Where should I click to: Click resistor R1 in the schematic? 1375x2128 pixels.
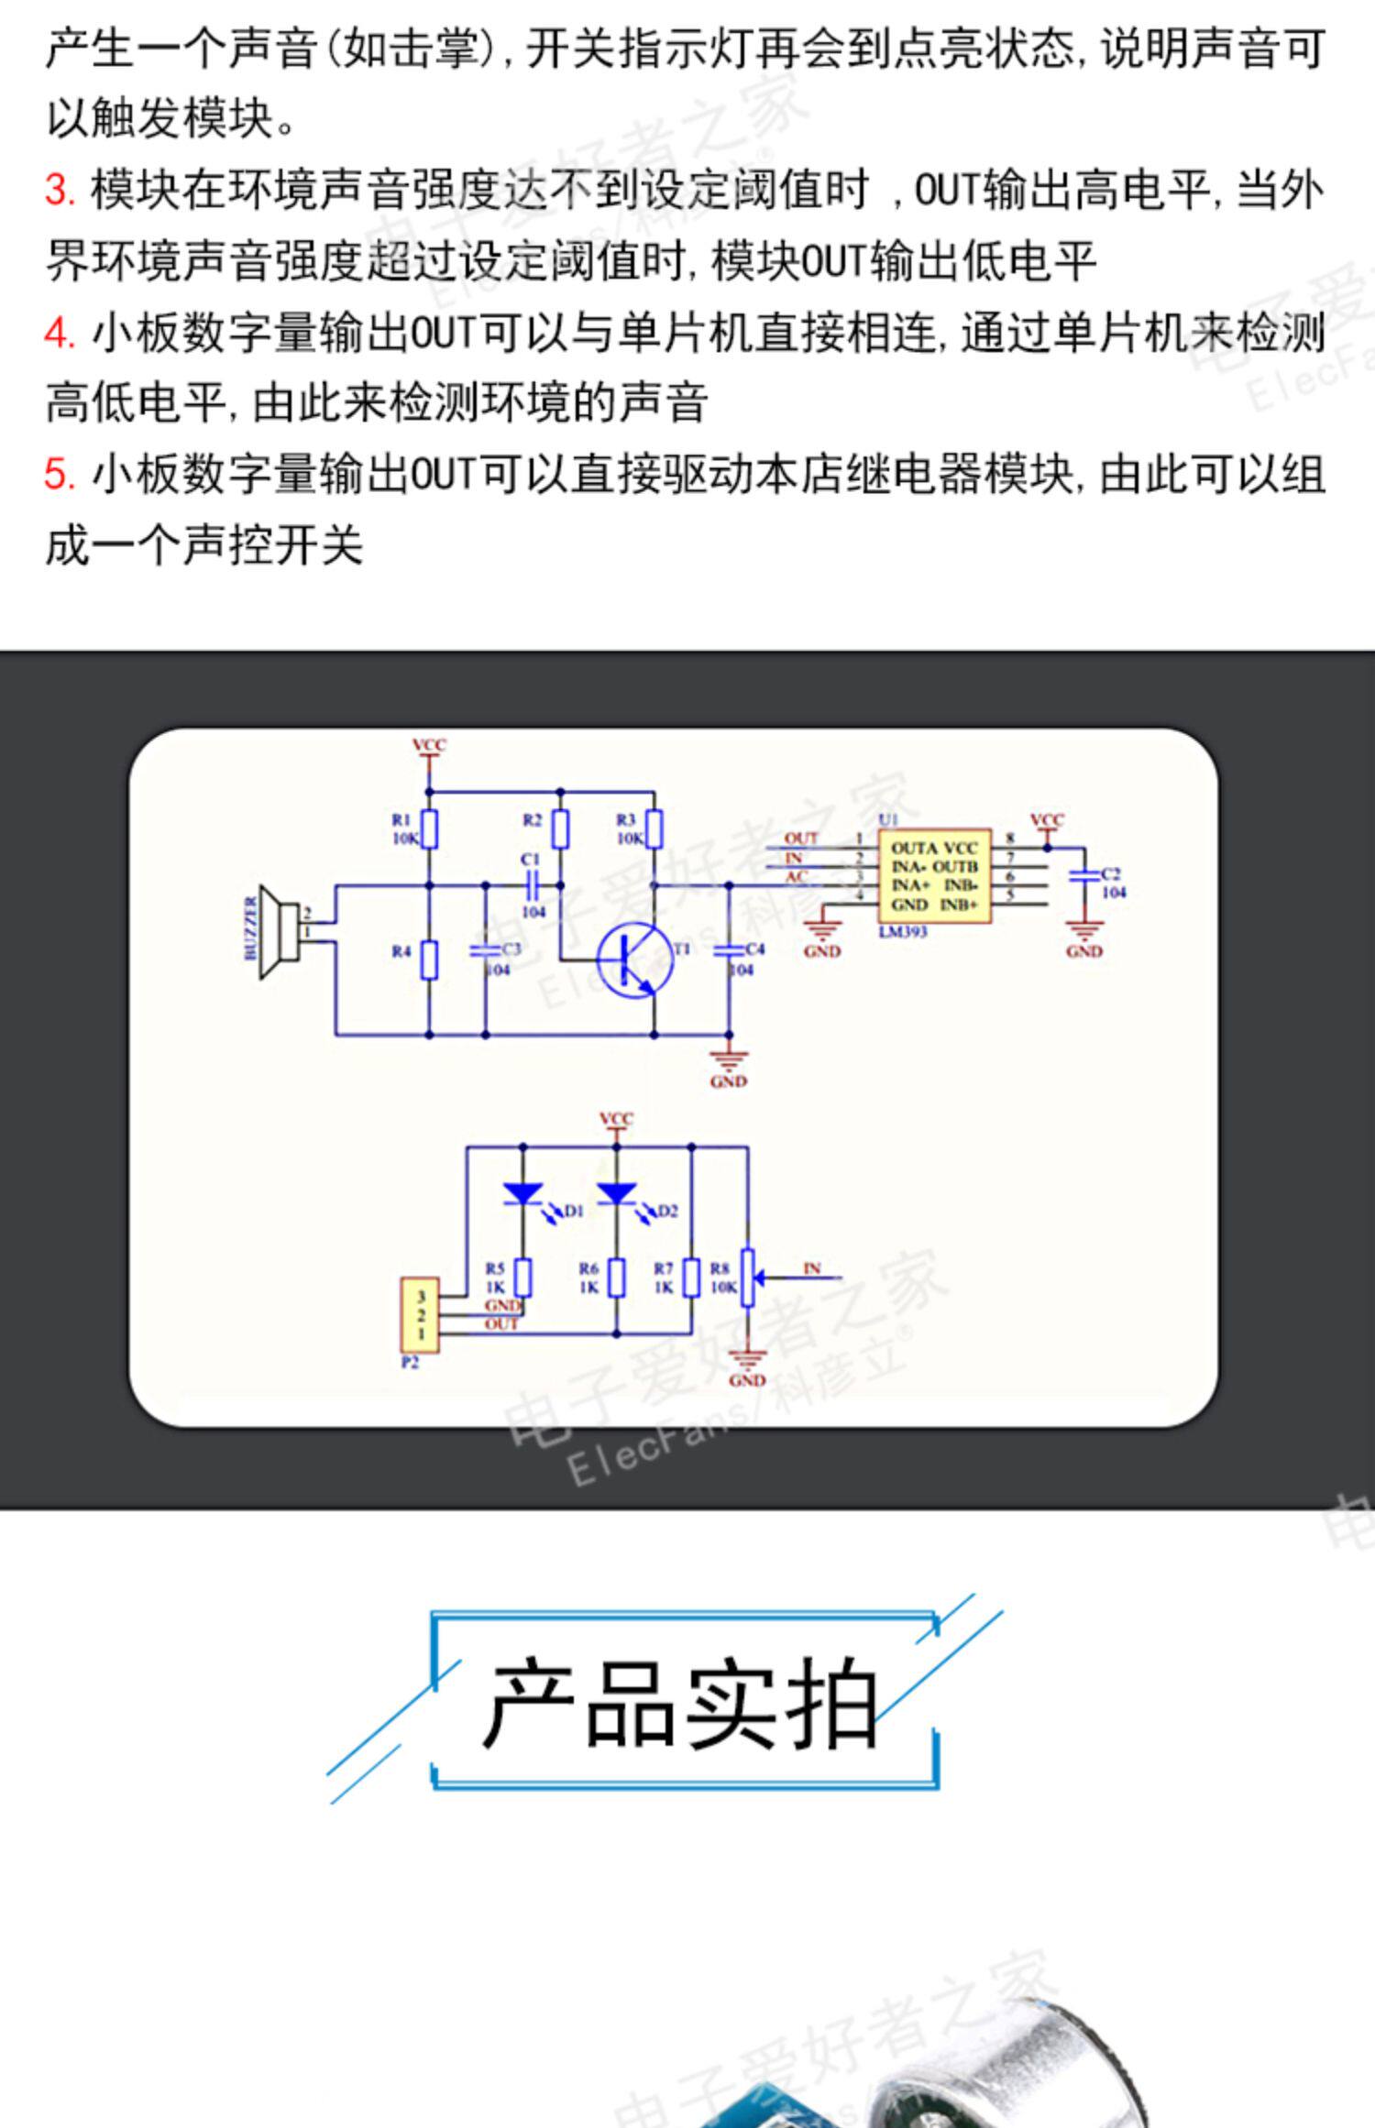(x=429, y=828)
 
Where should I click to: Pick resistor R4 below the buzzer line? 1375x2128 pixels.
(x=429, y=960)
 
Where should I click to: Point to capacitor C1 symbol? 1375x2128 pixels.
(x=533, y=885)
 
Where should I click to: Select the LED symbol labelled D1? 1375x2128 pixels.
(x=523, y=1193)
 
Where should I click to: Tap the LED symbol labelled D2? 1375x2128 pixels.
(x=617, y=1193)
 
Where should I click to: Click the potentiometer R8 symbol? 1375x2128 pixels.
(x=748, y=1277)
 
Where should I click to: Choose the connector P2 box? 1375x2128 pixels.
(x=420, y=1315)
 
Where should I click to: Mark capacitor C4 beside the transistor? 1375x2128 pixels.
(x=730, y=950)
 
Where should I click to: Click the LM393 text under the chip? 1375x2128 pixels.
(x=903, y=932)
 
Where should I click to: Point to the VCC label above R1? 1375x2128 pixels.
(x=428, y=745)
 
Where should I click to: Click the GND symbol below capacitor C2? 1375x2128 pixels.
(x=1084, y=935)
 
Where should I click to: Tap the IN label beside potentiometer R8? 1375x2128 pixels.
(x=811, y=1268)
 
